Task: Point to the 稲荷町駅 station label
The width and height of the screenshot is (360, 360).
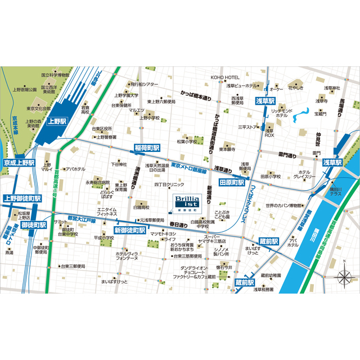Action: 147,147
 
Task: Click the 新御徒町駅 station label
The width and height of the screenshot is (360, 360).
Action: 130,230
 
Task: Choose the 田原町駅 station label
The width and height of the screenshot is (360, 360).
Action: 231,183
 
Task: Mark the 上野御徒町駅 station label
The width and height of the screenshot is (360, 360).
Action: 22,198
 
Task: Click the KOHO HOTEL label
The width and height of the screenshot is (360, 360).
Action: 225,77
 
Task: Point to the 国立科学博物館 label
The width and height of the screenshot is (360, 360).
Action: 55,74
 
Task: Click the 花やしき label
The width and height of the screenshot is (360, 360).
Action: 296,88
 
